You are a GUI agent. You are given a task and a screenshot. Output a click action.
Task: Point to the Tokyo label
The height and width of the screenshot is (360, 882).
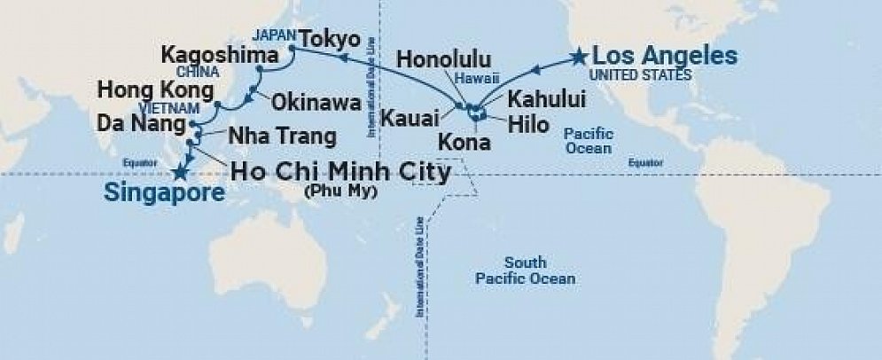330,40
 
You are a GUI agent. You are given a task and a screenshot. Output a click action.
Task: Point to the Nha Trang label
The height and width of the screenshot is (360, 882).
283,137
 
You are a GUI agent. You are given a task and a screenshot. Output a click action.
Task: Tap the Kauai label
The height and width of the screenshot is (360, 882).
410,116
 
